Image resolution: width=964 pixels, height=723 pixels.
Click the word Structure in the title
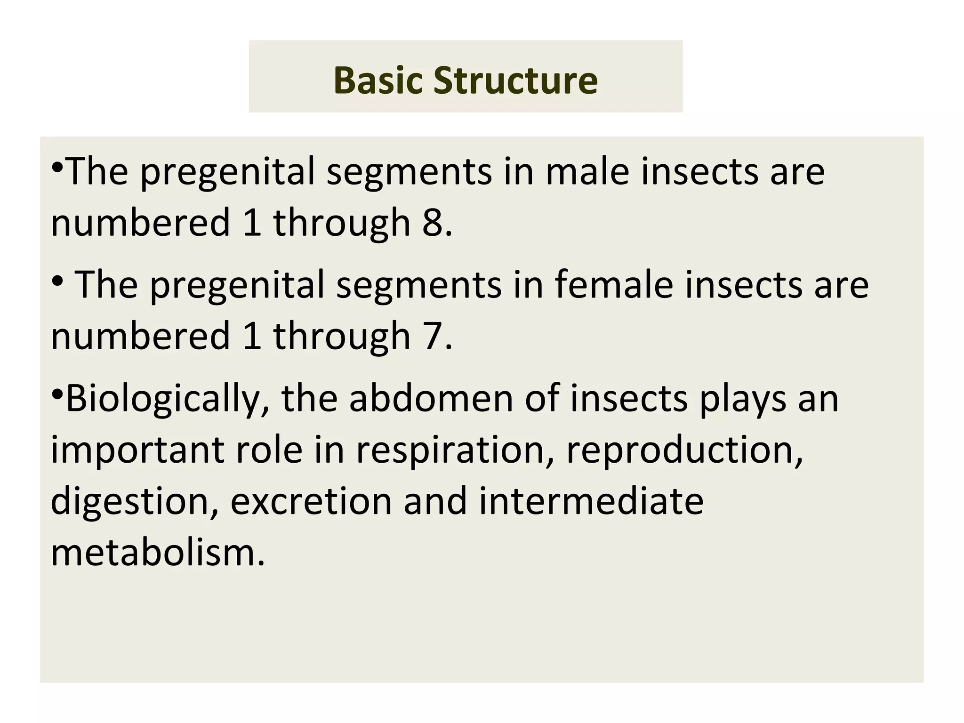click(x=515, y=80)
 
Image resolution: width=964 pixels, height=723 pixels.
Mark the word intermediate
click(x=591, y=502)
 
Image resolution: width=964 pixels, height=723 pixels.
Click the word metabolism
click(x=158, y=553)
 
